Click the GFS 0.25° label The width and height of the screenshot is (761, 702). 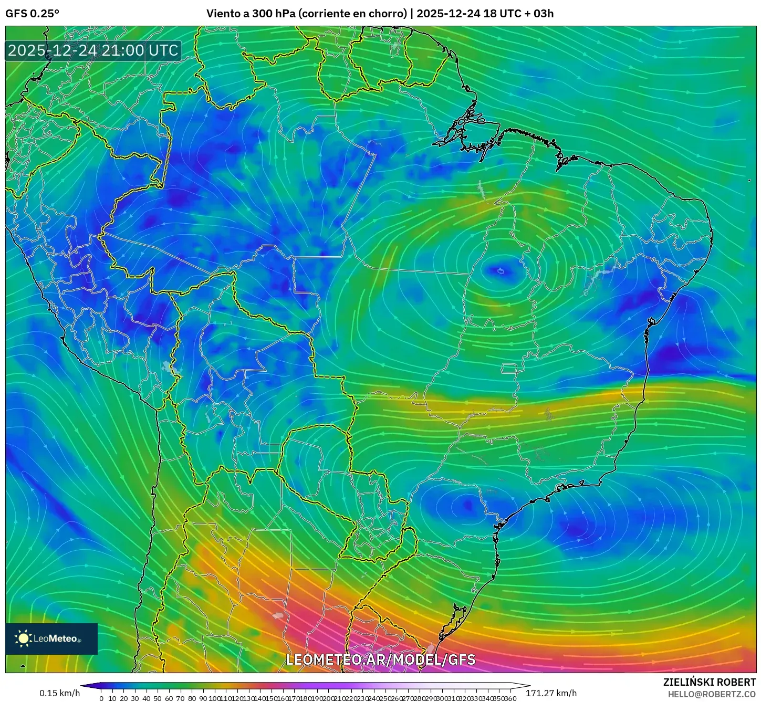click(x=32, y=14)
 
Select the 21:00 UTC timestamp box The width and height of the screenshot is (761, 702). click(x=93, y=50)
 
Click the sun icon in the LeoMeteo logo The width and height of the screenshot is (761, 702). click(x=24, y=638)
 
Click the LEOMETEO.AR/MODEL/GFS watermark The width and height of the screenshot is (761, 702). click(x=380, y=660)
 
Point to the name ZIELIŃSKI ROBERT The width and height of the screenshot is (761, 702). click(x=709, y=683)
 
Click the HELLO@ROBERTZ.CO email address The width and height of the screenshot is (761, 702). click(x=712, y=694)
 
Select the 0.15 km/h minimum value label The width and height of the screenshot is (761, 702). click(x=59, y=693)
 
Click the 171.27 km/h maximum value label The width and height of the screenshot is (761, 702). click(x=551, y=693)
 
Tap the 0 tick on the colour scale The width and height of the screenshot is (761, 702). click(x=101, y=698)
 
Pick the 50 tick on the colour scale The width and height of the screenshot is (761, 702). click(x=158, y=698)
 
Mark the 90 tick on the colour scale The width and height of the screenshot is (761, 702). click(x=203, y=698)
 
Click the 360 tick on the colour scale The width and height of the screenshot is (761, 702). click(x=510, y=698)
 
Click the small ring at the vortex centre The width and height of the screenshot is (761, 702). click(x=500, y=271)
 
